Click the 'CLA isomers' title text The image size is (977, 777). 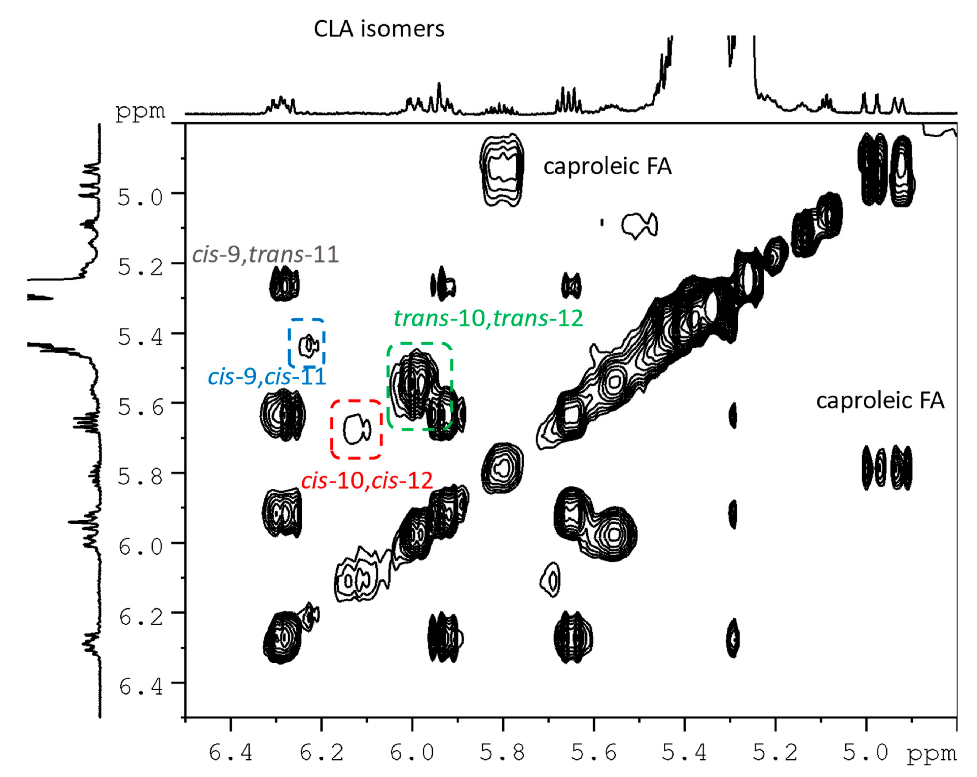pos(379,29)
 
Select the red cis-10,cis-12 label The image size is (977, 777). pos(367,480)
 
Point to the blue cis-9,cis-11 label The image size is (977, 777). pos(267,377)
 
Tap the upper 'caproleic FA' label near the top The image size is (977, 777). pos(607,166)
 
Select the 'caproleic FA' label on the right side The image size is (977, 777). pos(880,401)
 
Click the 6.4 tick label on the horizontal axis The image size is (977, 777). pos(231,753)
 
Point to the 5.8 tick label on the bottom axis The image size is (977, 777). pos(503,753)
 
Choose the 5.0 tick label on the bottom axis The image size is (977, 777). pos(865,753)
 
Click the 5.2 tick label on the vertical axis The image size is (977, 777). pos(140,267)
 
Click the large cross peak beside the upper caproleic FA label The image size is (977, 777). pos(502,170)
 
